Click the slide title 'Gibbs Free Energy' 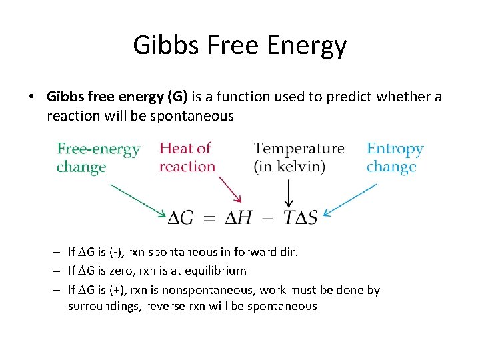tap(240, 45)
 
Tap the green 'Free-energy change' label tap(98, 157)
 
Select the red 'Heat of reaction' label tap(187, 157)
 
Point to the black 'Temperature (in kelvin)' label tap(299, 157)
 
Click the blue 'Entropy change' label tap(395, 157)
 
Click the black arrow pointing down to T tap(289, 193)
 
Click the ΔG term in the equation tap(181, 218)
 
